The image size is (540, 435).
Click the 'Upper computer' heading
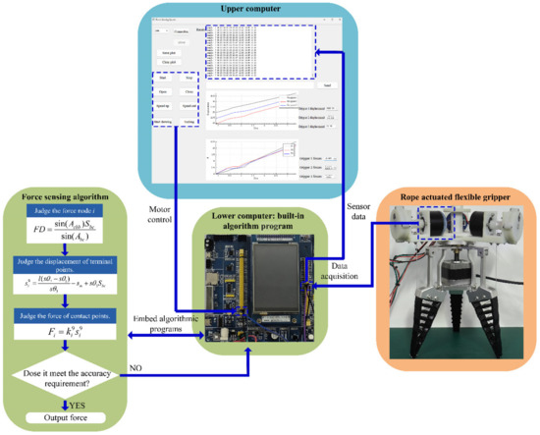click(x=270, y=11)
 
